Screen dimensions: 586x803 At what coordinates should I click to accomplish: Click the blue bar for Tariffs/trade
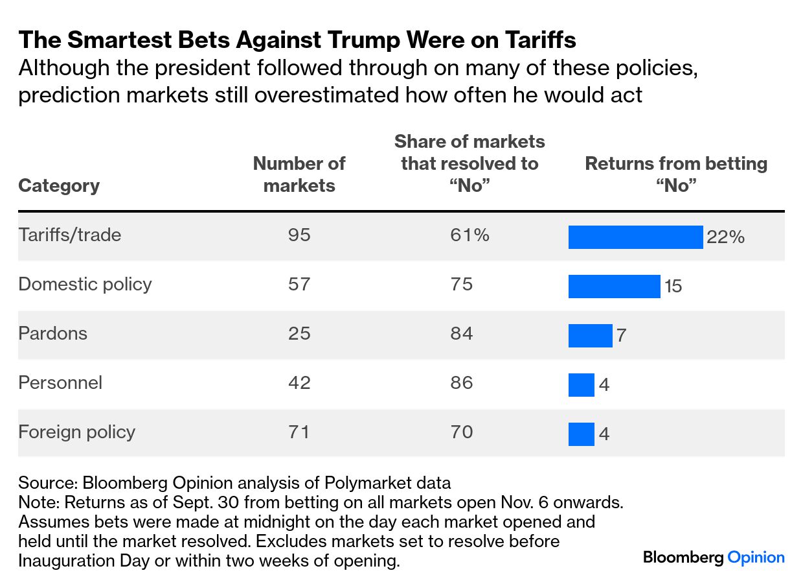coord(635,237)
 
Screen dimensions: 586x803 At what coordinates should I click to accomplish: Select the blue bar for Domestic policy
coord(614,287)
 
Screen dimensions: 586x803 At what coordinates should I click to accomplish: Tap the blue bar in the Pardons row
coord(590,336)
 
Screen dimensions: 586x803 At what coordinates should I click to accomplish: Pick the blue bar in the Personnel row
coord(581,385)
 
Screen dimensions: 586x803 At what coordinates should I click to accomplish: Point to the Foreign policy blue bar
coord(581,434)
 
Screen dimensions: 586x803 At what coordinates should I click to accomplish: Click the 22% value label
coord(725,237)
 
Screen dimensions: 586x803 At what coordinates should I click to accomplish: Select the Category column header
coord(59,186)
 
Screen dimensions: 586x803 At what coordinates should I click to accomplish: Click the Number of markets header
coord(299,174)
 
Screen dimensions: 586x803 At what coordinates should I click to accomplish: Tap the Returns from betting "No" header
coord(676,174)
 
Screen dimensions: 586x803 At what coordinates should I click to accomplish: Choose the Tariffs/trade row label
coord(70,235)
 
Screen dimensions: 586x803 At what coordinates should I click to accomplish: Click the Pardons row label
coord(52,333)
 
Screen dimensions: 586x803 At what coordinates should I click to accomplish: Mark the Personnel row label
coord(60,382)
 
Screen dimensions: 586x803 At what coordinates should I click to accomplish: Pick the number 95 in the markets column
coord(299,235)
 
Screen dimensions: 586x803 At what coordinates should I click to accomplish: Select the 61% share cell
coord(469,235)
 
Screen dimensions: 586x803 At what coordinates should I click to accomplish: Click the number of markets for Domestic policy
coord(299,284)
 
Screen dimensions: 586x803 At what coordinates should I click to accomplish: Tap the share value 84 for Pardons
coord(462,333)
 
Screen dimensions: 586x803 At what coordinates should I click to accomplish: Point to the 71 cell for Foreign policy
coord(299,432)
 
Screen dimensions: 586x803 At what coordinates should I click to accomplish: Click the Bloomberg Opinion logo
coord(714,557)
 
